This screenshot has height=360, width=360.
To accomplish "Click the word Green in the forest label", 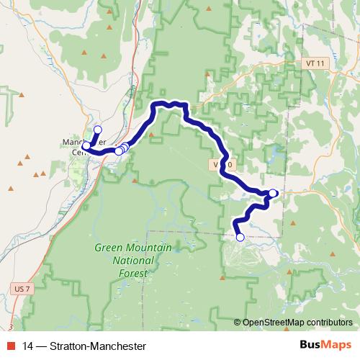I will click(109, 249).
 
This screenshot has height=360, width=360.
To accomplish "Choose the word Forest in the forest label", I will click(133, 274).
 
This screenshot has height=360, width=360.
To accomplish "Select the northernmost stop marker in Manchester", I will click(97, 130).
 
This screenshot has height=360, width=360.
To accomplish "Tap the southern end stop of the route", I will click(240, 237).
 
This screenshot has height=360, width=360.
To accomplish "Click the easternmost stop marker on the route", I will click(274, 192).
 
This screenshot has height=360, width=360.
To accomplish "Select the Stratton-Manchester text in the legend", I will click(93, 346).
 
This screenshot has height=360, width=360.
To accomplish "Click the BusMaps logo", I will click(325, 345).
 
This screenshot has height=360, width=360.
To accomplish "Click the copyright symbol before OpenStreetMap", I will click(238, 323).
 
